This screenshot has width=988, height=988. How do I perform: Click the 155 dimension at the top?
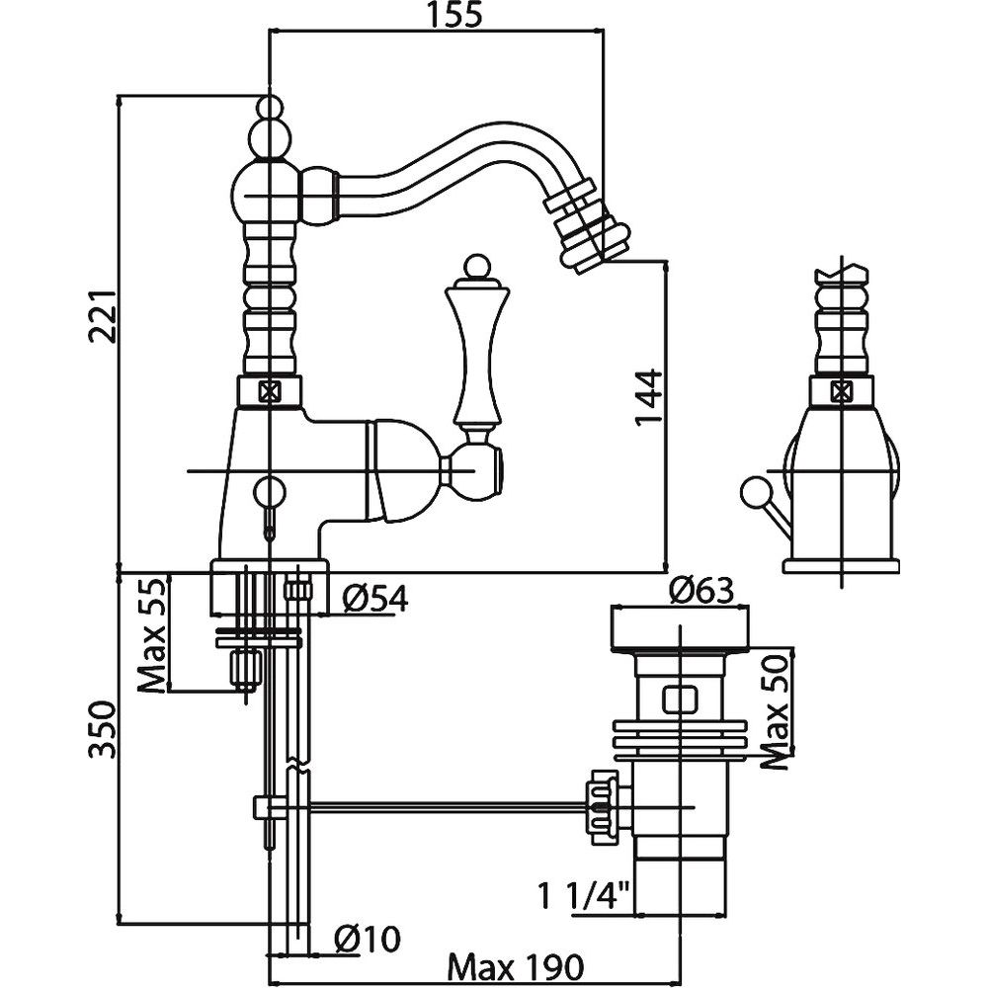click(x=436, y=16)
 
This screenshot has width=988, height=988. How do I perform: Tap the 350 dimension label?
click(x=103, y=731)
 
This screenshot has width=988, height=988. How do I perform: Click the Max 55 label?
click(x=151, y=636)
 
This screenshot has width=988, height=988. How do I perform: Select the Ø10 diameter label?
click(x=367, y=940)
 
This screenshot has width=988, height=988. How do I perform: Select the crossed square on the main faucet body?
click(x=268, y=389)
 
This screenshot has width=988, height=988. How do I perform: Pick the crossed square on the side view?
click(x=841, y=390)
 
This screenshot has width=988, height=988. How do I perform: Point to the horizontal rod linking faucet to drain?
click(x=445, y=805)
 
